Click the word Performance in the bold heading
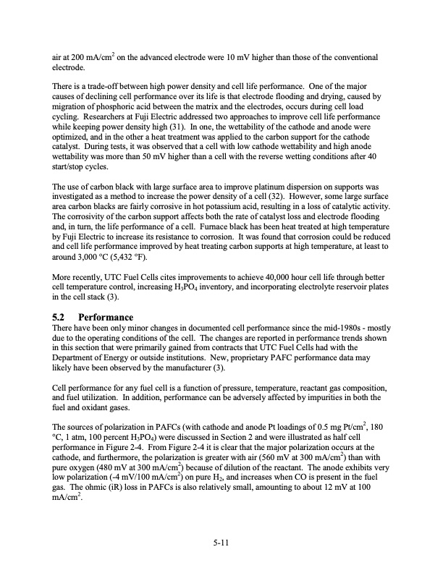pyautogui.click(x=106, y=317)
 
